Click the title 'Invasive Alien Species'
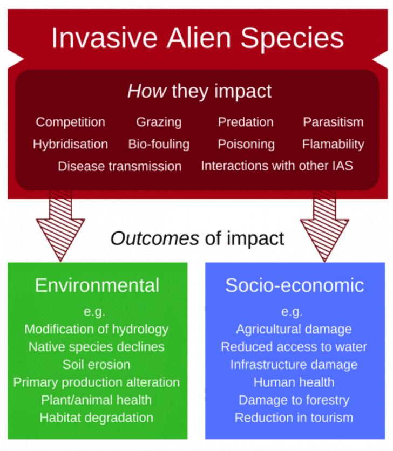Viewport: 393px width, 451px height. (x=197, y=38)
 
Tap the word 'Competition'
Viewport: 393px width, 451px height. (x=70, y=122)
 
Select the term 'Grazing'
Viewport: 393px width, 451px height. (x=159, y=122)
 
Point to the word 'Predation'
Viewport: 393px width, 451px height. (x=246, y=122)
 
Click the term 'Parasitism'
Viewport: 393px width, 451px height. (x=333, y=122)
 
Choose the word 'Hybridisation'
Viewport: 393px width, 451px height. (x=70, y=144)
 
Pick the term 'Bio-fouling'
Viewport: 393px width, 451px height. (x=159, y=144)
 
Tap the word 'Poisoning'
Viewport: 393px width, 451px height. (x=246, y=144)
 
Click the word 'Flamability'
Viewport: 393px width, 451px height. (x=333, y=144)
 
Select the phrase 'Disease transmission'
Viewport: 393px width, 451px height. (x=120, y=166)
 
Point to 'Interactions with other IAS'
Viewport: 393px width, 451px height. (x=277, y=166)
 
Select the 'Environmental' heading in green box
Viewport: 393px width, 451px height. (x=97, y=285)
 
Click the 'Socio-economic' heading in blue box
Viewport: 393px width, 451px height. (x=295, y=285)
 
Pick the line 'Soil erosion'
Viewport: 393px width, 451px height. (x=97, y=364)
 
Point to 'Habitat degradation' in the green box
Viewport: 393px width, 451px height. (x=97, y=417)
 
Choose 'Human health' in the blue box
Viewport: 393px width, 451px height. (x=294, y=382)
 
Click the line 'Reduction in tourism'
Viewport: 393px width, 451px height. (x=294, y=417)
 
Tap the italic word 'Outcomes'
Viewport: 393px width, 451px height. (x=155, y=238)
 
